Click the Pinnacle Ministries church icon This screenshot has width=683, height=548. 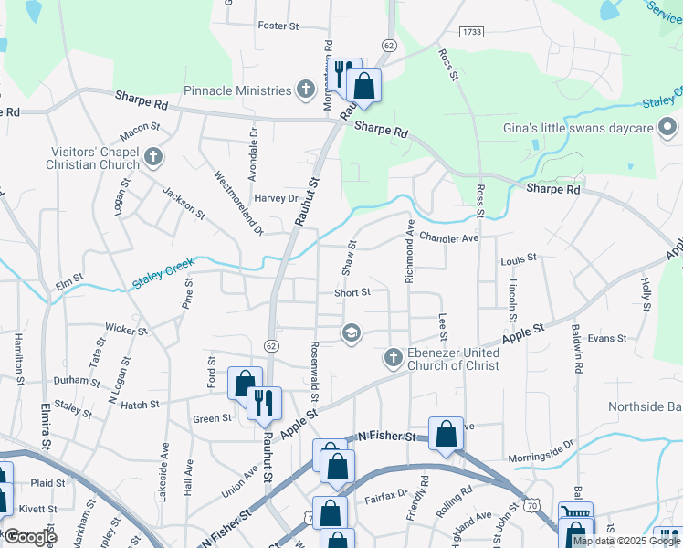pos(307,90)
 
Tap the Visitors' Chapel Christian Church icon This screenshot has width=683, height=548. pos(152,157)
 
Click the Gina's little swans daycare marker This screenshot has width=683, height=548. pos(668,128)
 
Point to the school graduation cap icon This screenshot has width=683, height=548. pos(350,334)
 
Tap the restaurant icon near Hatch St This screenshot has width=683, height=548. pos(265,403)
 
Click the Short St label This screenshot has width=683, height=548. pos(352,292)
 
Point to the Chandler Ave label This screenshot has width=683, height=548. pos(449,238)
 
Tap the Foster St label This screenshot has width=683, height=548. pos(278,26)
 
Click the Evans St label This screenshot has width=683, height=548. pos(607,338)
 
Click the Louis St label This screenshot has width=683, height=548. pos(519,260)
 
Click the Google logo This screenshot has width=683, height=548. pos(30,536)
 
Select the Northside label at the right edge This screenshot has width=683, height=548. pos(645,406)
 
